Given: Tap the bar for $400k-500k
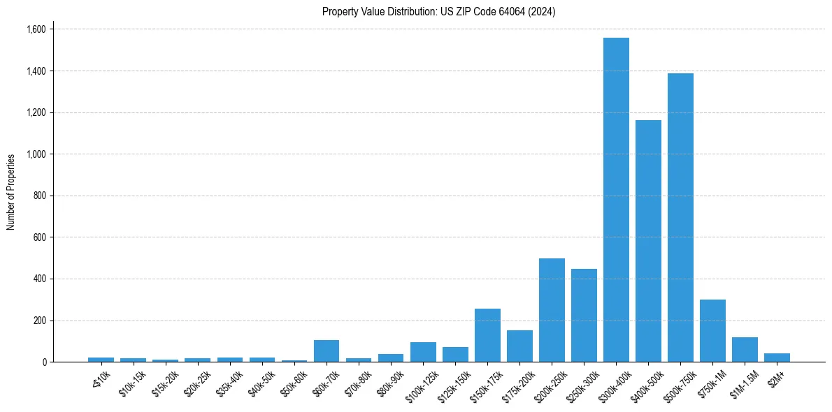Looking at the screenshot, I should click(x=648, y=241).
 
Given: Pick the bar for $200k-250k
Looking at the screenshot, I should click(x=552, y=310).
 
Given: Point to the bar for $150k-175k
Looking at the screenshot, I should click(x=487, y=335).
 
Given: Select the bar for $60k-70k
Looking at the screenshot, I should click(x=327, y=351).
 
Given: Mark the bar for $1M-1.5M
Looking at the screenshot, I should click(x=745, y=349).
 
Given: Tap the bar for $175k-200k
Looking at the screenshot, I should click(x=519, y=346).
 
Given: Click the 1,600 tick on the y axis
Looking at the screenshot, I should click(x=36, y=29).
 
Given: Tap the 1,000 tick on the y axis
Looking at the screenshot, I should click(x=36, y=154).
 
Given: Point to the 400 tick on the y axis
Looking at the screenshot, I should click(x=40, y=279).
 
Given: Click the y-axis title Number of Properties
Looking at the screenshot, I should click(x=11, y=192).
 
